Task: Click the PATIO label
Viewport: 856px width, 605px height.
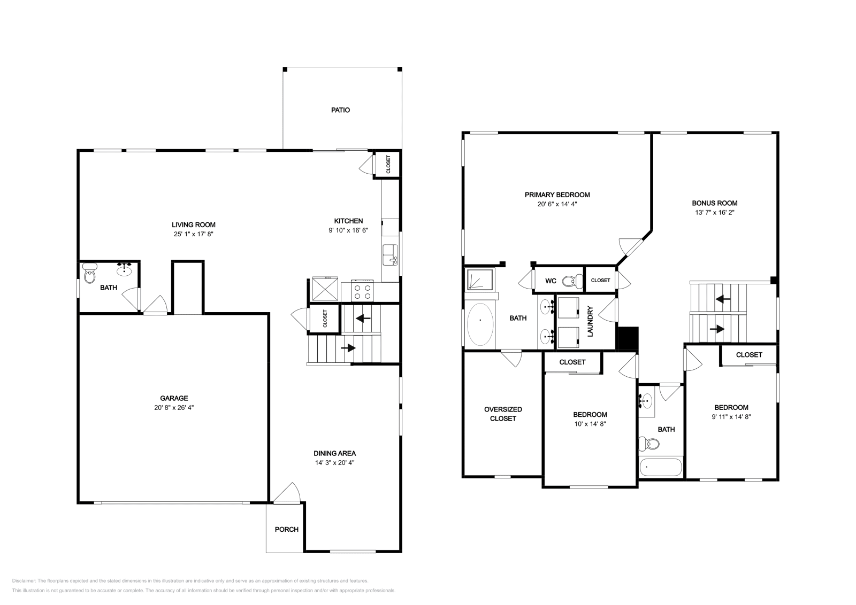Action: pyautogui.click(x=340, y=110)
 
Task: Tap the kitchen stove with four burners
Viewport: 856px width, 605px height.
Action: pyautogui.click(x=362, y=291)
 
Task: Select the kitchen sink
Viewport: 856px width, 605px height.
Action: pyautogui.click(x=390, y=255)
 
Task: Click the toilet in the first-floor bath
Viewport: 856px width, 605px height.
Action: pyautogui.click(x=90, y=273)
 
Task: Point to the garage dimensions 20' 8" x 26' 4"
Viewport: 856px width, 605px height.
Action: pyautogui.click(x=174, y=407)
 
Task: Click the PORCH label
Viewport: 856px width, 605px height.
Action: pyautogui.click(x=287, y=530)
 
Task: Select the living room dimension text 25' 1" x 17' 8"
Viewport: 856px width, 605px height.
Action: pyautogui.click(x=193, y=234)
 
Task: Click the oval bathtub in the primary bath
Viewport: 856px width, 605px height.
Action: pyautogui.click(x=480, y=324)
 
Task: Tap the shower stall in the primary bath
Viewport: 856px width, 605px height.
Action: pyautogui.click(x=479, y=280)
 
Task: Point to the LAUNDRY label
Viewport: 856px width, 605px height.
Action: pyautogui.click(x=590, y=321)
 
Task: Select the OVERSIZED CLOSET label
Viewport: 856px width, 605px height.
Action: pyautogui.click(x=503, y=414)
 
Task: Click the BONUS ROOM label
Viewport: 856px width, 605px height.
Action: pyautogui.click(x=715, y=203)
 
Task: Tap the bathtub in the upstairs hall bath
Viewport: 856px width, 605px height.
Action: pyautogui.click(x=661, y=467)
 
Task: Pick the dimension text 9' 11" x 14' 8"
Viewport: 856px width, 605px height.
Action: pyautogui.click(x=731, y=417)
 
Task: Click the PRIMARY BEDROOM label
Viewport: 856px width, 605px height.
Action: pyautogui.click(x=557, y=195)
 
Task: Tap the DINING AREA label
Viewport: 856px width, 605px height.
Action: pyautogui.click(x=335, y=453)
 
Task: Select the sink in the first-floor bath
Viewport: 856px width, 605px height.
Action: pyautogui.click(x=124, y=269)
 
